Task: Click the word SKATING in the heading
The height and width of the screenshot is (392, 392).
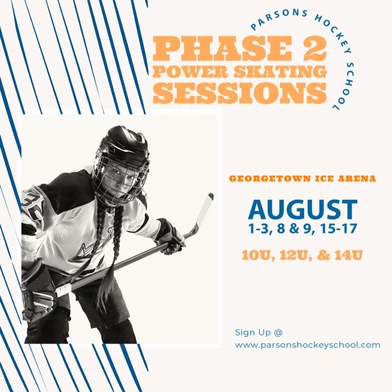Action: point(280,72)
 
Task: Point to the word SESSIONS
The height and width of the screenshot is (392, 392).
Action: point(240,93)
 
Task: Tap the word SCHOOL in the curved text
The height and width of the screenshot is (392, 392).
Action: point(347,86)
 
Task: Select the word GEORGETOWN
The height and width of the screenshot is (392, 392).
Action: point(266,179)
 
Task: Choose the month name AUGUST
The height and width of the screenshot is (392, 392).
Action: point(303,210)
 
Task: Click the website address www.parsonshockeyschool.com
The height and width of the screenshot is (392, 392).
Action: point(308,346)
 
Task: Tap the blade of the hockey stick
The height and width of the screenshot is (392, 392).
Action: point(203,213)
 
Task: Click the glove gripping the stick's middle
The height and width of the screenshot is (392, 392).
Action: point(170,236)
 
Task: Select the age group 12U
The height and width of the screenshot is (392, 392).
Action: point(295,256)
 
